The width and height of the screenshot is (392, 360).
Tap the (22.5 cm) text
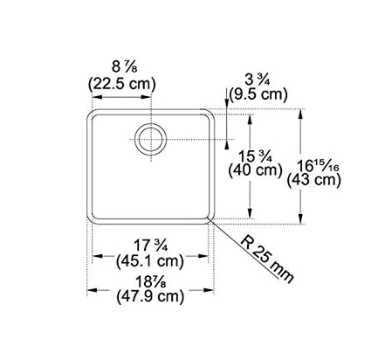(121, 85)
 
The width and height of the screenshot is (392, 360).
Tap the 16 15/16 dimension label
(315, 163)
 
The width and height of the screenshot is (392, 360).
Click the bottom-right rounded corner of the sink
(210, 216)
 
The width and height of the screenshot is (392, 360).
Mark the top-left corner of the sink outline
(89, 112)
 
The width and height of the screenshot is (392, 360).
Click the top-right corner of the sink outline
(211, 112)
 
